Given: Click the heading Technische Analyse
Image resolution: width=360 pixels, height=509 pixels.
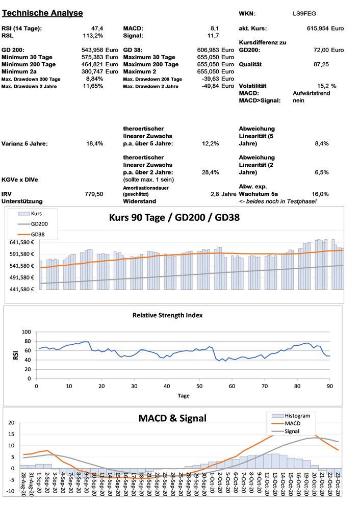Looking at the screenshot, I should point(42,12).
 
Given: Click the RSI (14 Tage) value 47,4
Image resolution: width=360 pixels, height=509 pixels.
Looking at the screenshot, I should point(96,28).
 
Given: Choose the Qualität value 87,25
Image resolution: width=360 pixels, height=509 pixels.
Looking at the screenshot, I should point(321,65).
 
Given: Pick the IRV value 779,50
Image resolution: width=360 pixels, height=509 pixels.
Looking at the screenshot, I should point(94,194).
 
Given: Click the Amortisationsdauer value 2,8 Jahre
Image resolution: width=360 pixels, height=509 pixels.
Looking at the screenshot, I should point(222,194).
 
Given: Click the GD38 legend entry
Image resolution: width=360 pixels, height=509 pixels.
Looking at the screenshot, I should point(39,234).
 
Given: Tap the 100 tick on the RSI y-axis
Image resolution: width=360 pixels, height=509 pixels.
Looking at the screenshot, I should point(25,332).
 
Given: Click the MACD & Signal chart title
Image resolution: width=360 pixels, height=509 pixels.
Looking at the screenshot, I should point(172,418).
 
